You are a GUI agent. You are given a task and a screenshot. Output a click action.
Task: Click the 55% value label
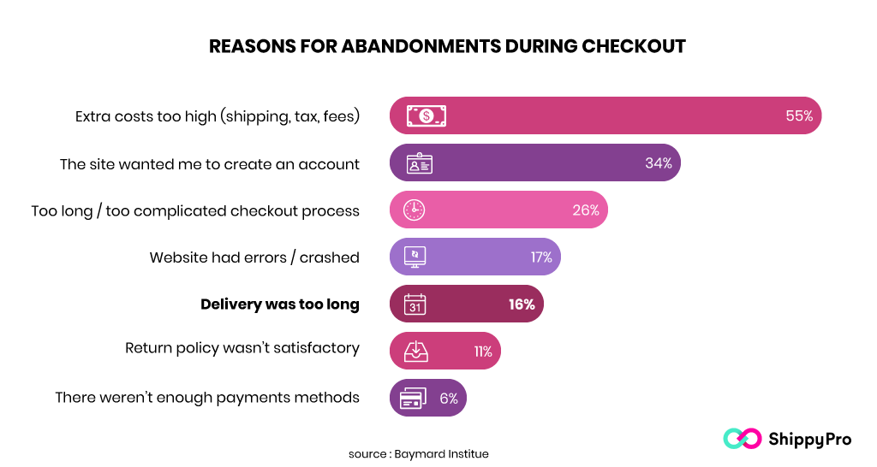click(x=799, y=116)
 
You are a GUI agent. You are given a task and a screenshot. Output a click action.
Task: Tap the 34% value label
click(x=658, y=163)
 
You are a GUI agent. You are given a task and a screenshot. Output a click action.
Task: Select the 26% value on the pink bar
click(x=586, y=210)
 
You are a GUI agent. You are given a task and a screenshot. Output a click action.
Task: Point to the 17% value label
click(x=540, y=257)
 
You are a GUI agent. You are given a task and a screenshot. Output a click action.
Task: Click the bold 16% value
click(x=521, y=304)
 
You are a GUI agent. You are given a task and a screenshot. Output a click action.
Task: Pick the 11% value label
click(x=482, y=352)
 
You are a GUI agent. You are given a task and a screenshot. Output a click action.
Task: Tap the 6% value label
click(x=449, y=399)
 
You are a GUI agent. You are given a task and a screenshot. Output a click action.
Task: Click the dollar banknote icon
click(x=426, y=116)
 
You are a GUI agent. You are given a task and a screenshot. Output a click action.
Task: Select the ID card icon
click(x=419, y=163)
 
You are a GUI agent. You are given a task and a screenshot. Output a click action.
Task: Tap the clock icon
click(x=415, y=210)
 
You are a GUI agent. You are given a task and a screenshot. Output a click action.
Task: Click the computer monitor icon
click(x=415, y=257)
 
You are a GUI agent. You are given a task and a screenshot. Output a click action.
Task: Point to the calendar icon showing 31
click(x=415, y=304)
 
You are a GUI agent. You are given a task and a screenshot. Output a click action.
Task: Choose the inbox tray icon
click(x=415, y=352)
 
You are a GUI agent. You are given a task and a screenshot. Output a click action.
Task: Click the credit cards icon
click(x=414, y=399)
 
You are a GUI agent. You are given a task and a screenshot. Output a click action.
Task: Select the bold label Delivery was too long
click(x=280, y=304)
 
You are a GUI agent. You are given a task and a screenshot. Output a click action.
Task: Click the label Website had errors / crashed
click(x=254, y=257)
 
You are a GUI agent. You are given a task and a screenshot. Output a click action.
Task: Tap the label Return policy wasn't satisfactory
click(x=242, y=352)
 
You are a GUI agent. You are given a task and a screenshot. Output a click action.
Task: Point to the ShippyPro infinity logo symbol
click(x=742, y=439)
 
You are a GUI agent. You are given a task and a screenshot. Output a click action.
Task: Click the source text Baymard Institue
click(x=441, y=453)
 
